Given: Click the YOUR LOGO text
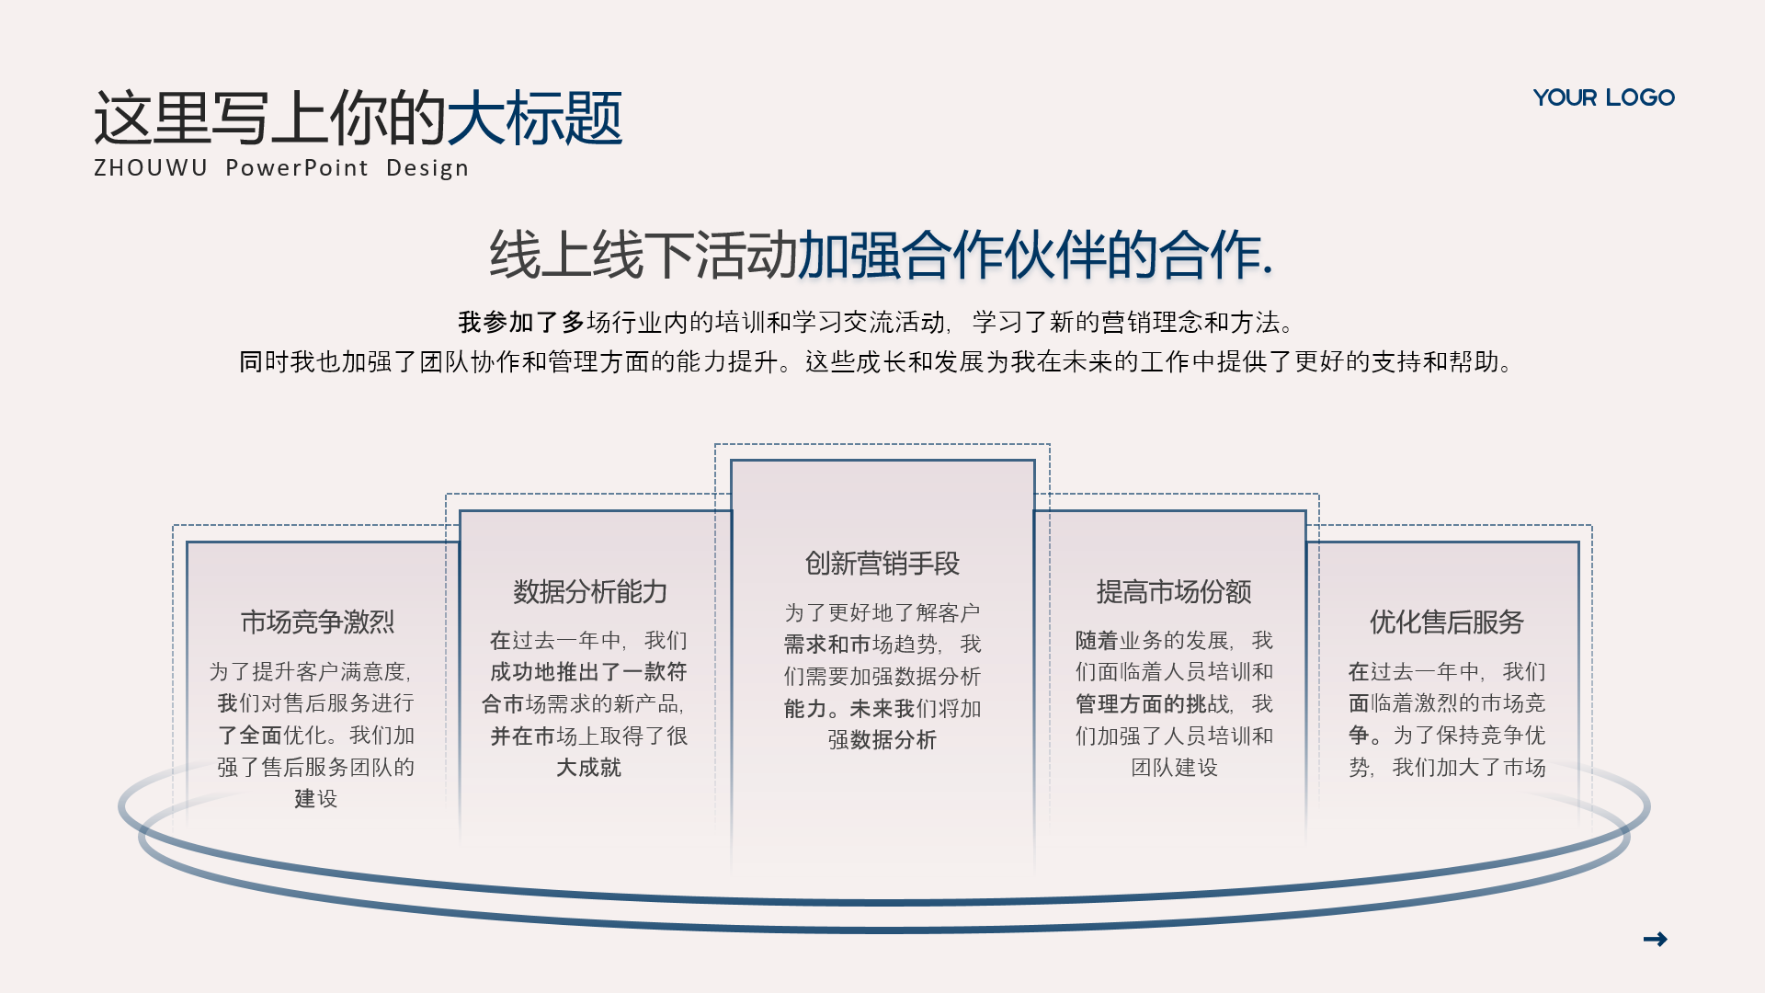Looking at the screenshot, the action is (x=1603, y=97).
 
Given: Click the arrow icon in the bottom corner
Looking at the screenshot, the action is (x=1655, y=939).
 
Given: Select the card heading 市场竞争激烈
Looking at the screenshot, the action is (x=317, y=622).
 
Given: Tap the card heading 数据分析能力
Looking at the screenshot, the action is (x=589, y=592).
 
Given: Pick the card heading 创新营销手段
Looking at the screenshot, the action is (x=882, y=564).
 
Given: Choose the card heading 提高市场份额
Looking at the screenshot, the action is (x=1174, y=592).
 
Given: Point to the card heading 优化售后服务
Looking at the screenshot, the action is (x=1446, y=622).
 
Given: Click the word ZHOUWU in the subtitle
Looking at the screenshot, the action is (x=151, y=168).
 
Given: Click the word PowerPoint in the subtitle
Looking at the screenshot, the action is (x=297, y=168).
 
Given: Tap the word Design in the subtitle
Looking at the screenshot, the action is (x=427, y=168).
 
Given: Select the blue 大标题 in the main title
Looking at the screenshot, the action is (x=534, y=118).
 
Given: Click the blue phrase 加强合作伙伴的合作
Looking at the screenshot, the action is (x=1035, y=255).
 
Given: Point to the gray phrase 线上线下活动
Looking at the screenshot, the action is (x=643, y=255).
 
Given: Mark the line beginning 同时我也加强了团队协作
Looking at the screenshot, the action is (x=877, y=361).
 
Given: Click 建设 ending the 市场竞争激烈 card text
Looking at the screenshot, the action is (x=316, y=798).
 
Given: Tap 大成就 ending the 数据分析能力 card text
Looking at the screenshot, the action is (x=589, y=767).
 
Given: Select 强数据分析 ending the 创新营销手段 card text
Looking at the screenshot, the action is (x=882, y=739).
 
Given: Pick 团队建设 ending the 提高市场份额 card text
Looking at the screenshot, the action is (x=1174, y=767).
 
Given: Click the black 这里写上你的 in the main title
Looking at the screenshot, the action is (x=269, y=118).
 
